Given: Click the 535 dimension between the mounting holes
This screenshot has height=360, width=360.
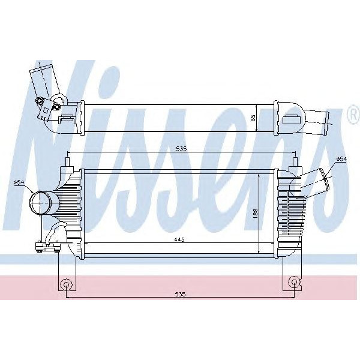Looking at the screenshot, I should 179,295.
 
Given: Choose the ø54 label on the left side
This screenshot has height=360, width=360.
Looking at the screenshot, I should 19,182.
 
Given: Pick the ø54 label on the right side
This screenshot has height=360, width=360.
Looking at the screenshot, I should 341,159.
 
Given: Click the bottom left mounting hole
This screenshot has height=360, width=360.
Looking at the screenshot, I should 66,282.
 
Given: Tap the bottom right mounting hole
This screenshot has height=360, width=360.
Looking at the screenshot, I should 293,282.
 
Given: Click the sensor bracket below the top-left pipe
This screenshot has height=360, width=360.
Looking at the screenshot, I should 44,109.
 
